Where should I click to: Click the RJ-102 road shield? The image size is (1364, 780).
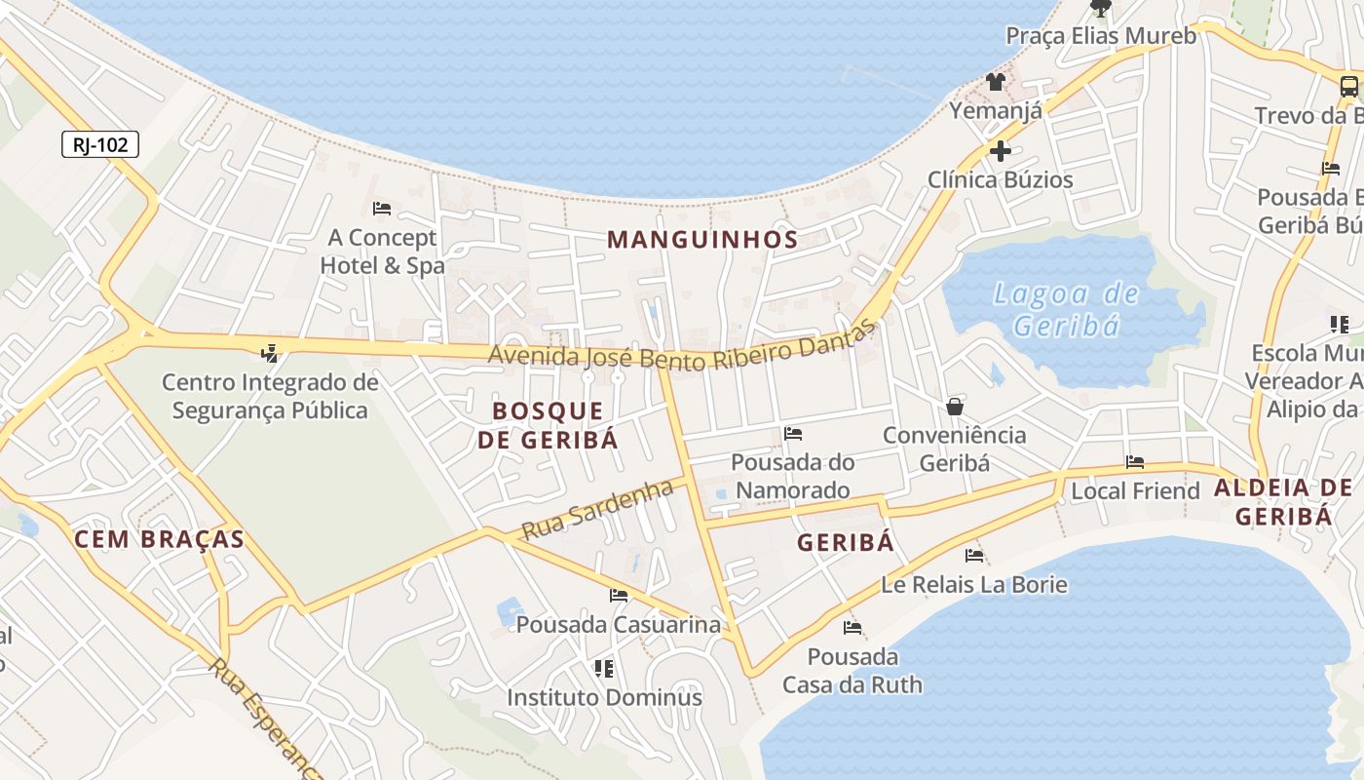[100, 145]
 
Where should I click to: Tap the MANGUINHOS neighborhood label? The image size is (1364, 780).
[702, 239]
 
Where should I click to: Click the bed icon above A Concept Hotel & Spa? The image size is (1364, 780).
[382, 209]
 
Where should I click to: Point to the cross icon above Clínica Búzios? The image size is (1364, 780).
[1000, 151]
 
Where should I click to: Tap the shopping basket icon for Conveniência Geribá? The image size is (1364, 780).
[955, 406]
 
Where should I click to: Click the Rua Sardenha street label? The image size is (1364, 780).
[597, 510]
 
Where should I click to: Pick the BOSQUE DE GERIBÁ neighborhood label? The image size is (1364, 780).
[548, 425]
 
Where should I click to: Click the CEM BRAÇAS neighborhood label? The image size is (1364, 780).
[159, 539]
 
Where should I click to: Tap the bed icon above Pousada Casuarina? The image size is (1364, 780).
[619, 595]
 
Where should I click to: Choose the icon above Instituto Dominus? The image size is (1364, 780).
[604, 669]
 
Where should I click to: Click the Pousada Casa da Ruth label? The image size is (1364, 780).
[852, 670]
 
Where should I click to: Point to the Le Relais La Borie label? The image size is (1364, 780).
[973, 585]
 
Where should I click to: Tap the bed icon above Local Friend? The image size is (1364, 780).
[1135, 462]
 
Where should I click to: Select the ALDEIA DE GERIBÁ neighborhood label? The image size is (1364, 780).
[1284, 502]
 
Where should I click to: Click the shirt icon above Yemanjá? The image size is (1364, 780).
[995, 82]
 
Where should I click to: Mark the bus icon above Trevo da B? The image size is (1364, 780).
[1349, 86]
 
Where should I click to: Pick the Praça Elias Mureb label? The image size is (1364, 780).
[1100, 36]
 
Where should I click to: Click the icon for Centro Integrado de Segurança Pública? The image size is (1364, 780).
[270, 353]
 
